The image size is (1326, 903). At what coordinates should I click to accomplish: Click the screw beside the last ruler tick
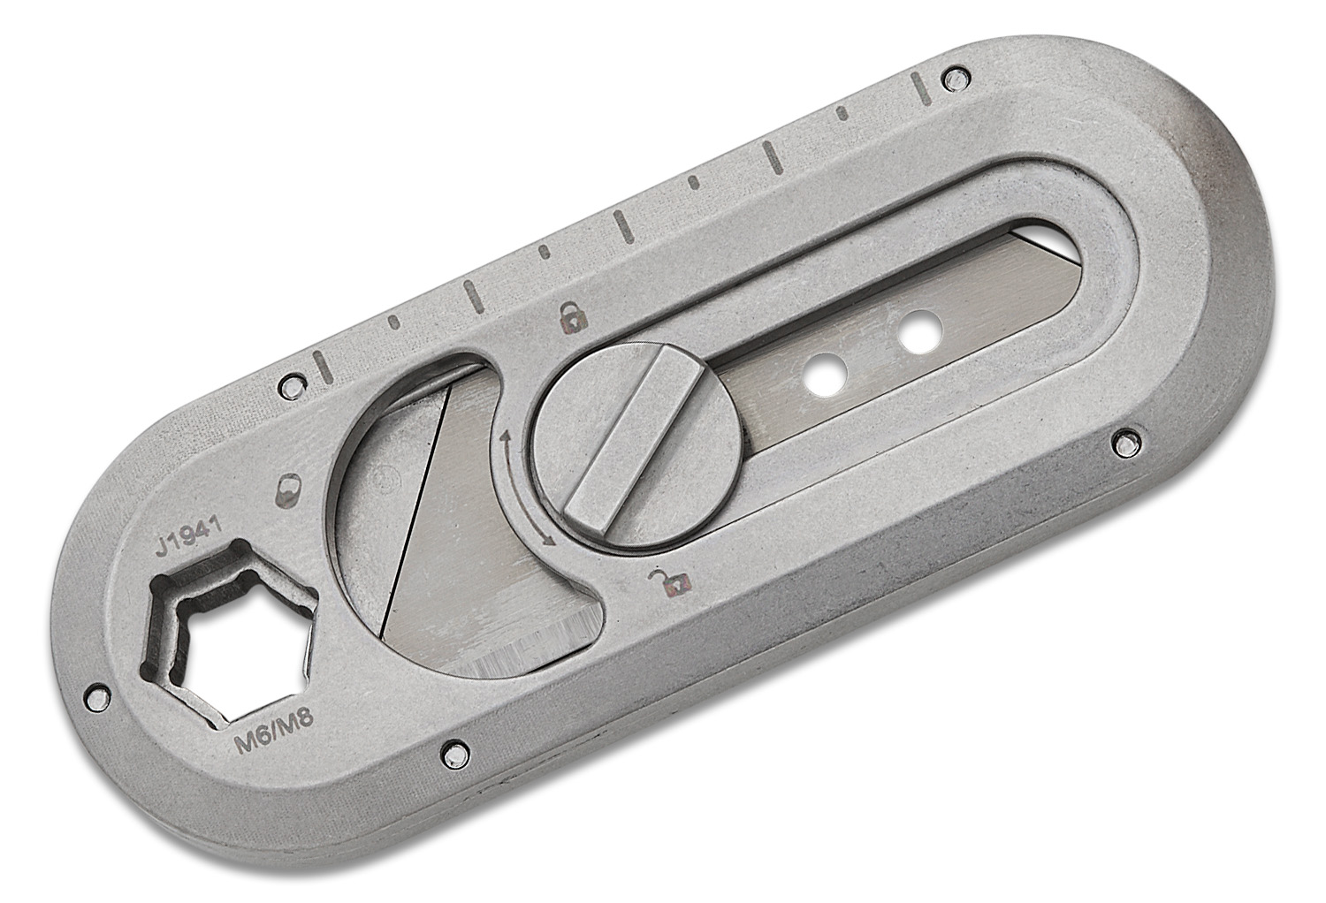952,78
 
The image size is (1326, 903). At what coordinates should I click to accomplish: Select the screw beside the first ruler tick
286,384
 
